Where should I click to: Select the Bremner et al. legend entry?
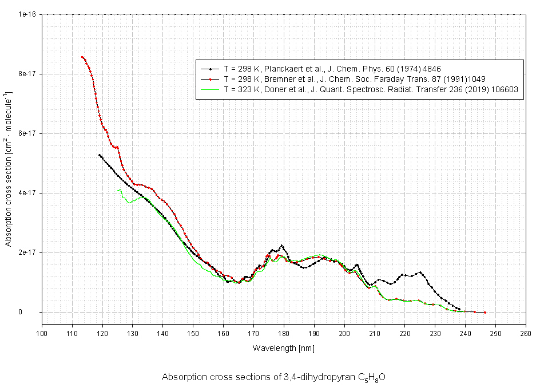(x=355, y=78)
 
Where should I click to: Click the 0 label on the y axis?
(x=35, y=312)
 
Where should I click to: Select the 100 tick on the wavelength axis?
(x=42, y=333)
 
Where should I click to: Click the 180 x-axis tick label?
(x=284, y=333)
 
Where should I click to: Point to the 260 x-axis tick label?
(x=525, y=333)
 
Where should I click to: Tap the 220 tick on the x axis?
(x=404, y=333)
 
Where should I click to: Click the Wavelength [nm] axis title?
(x=284, y=347)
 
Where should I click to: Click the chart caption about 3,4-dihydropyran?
(x=273, y=377)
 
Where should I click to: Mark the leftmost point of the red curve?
(x=82, y=57)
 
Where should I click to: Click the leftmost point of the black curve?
(x=100, y=155)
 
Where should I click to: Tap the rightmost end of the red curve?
(x=485, y=312)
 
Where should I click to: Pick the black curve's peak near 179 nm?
(x=282, y=246)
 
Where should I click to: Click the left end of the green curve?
(x=117, y=190)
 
